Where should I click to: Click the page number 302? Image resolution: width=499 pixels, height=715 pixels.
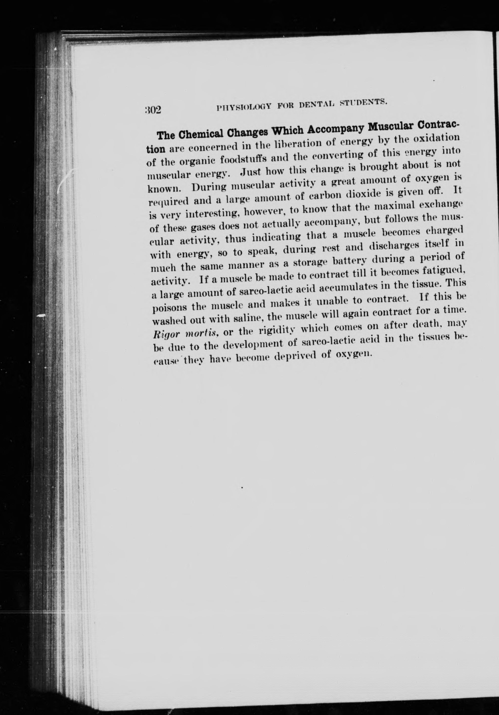click(x=153, y=110)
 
